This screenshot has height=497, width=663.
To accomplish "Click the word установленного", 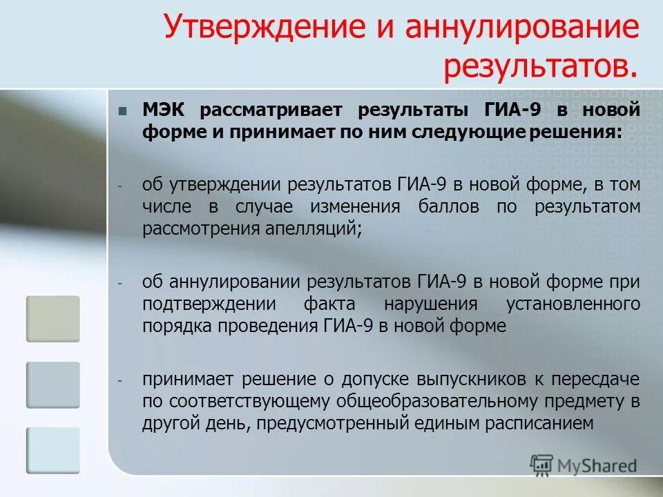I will (573, 304).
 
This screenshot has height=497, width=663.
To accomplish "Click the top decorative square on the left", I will (53, 319).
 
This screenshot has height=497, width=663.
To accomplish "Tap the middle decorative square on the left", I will (53, 384).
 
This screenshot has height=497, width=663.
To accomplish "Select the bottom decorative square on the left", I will (53, 450).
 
